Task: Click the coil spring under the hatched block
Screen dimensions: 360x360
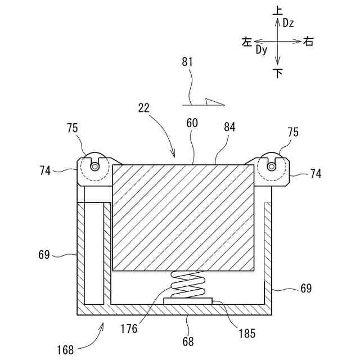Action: coord(187,285)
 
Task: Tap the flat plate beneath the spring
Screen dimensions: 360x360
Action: coord(188,301)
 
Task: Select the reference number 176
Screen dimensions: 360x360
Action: coord(129,328)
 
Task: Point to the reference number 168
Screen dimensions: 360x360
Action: coord(65,350)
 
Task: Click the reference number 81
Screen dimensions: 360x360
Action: coord(187,62)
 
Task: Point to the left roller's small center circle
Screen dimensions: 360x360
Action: coord(93,166)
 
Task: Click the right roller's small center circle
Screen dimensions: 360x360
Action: coord(271,166)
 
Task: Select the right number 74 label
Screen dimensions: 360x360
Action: coord(316,174)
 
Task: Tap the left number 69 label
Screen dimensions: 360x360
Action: coord(44,255)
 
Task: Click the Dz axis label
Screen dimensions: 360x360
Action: coord(289,23)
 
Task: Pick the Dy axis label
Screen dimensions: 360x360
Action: coord(261,50)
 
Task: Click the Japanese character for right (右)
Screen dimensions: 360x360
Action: coord(308,40)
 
